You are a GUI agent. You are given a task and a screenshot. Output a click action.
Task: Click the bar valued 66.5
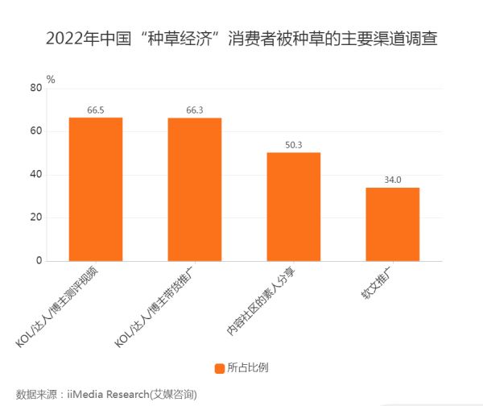96,189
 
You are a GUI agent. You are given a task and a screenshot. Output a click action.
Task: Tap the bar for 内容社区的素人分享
294,207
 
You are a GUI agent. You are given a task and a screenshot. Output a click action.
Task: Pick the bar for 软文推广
393,225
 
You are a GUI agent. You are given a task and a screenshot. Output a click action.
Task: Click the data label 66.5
96,110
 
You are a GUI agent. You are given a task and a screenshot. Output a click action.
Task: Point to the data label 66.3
195,110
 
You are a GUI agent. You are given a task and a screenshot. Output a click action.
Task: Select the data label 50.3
294,145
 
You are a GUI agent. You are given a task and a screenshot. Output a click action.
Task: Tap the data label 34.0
393,180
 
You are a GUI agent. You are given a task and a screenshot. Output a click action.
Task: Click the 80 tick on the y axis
35,88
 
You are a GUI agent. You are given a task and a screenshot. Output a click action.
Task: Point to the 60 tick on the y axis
35,131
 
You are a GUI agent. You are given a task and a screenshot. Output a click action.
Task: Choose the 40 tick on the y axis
35,175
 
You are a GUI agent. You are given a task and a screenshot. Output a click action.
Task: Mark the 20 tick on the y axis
35,218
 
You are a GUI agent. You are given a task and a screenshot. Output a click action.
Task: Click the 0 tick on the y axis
38,261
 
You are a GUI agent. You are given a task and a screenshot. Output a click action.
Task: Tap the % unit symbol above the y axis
51,79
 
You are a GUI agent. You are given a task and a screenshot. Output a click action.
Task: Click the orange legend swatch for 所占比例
219,368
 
